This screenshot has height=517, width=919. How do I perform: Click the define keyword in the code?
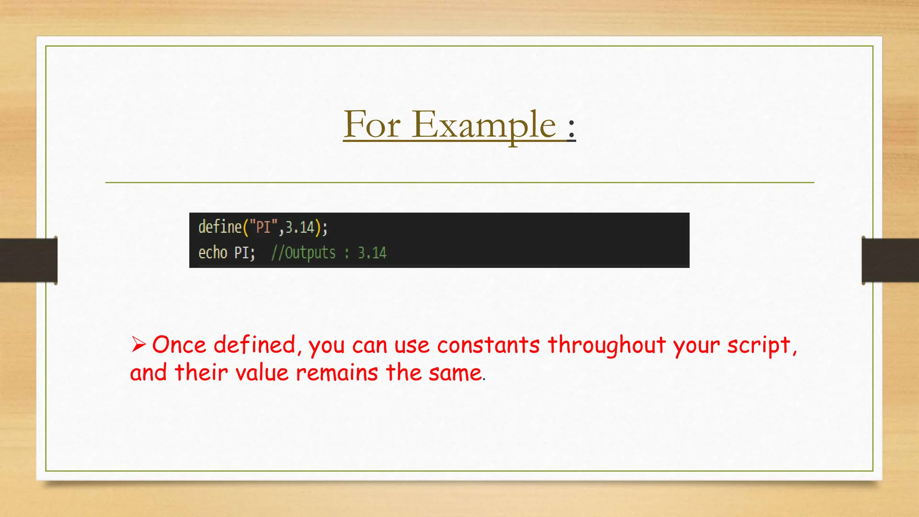(220, 227)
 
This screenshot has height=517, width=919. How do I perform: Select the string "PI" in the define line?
(263, 227)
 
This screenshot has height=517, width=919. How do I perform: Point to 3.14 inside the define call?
(300, 227)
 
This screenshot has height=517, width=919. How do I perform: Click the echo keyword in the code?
(213, 253)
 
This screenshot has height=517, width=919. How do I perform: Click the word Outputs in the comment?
(310, 253)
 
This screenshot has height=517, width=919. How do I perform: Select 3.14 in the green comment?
(372, 253)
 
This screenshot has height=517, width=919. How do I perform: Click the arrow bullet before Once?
(138, 345)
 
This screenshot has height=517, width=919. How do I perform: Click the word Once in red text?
(179, 345)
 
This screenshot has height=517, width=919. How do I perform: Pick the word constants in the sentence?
(488, 345)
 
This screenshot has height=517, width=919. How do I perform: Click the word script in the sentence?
(759, 345)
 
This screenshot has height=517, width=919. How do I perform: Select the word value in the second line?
(262, 373)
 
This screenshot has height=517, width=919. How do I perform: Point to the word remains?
(337, 373)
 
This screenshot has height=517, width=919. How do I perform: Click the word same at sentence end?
(455, 373)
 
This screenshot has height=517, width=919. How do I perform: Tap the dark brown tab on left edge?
(28, 260)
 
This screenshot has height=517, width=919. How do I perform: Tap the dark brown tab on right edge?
(890, 260)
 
